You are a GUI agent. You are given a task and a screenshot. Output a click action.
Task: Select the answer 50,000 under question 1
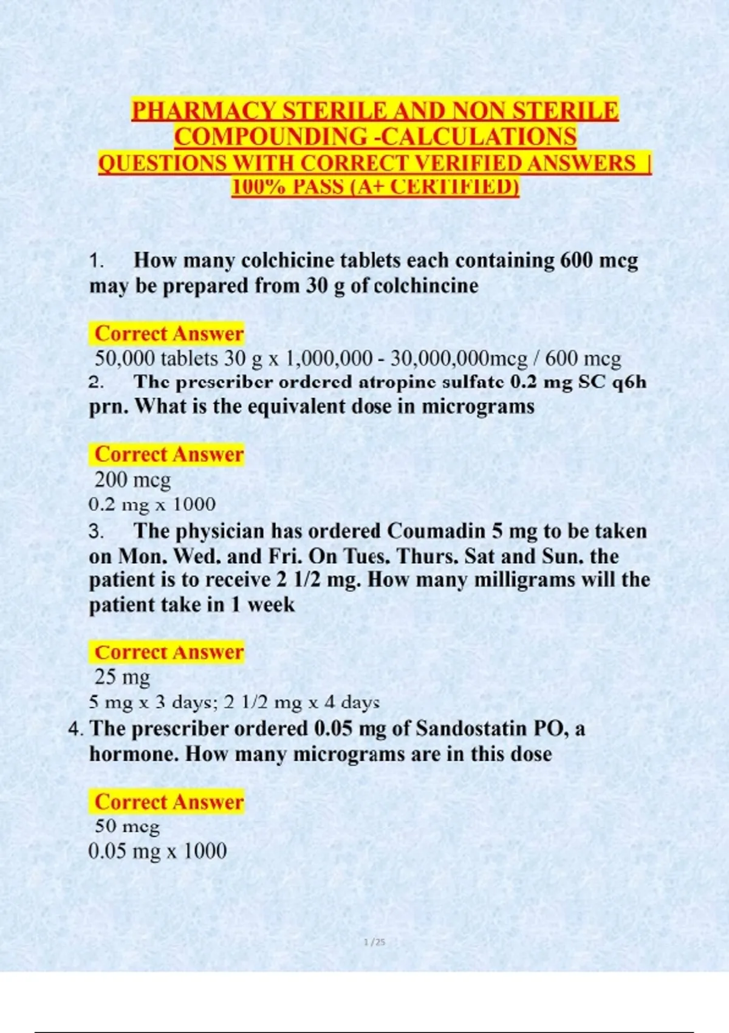point(125,359)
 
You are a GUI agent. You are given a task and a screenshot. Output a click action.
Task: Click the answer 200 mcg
point(132,480)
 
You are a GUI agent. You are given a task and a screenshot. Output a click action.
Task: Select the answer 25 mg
point(122,677)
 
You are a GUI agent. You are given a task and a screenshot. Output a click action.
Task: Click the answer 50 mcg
point(127,826)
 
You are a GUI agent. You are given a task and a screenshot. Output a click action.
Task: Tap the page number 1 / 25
point(374,942)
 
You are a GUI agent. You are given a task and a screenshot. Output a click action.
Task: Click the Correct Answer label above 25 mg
point(169,653)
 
